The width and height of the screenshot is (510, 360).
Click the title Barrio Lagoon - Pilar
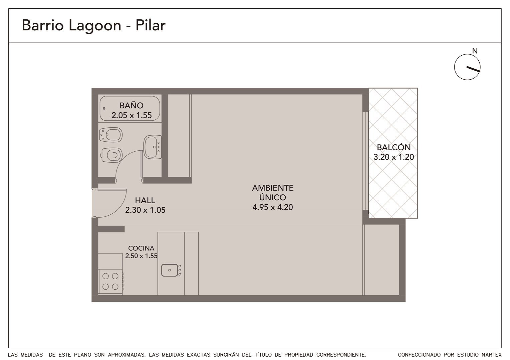[93, 25]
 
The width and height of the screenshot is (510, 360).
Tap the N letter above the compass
[475, 51]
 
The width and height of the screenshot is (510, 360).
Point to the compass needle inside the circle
[473, 69]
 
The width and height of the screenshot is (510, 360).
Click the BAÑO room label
[132, 106]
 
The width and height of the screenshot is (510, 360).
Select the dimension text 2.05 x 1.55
[132, 115]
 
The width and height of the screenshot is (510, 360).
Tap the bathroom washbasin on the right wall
[152, 147]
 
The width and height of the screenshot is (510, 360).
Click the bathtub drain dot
[104, 108]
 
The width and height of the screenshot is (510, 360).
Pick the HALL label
[145, 200]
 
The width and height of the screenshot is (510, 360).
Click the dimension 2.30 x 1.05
[145, 210]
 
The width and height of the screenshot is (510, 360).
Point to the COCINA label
[141, 248]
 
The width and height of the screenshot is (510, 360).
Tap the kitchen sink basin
[170, 270]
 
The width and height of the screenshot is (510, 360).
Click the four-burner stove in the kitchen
[110, 282]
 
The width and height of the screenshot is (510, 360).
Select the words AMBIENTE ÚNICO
[273, 193]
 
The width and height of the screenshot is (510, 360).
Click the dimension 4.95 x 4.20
[273, 207]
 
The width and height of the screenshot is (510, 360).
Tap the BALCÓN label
[394, 147]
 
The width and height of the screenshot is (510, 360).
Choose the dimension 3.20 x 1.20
[394, 157]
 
